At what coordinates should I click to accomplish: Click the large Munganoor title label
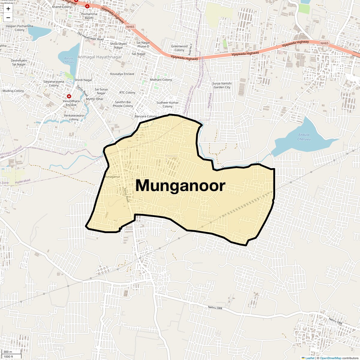(x=180, y=185)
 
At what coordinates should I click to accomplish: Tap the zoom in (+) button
(x=8, y=9)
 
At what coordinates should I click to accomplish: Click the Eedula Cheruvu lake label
(x=304, y=137)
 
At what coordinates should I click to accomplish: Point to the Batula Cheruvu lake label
(x=69, y=60)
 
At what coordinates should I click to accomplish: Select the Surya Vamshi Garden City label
(x=222, y=85)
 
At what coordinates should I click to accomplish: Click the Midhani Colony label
(x=161, y=80)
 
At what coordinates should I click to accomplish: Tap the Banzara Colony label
(x=146, y=116)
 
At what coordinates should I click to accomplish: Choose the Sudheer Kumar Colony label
(x=167, y=104)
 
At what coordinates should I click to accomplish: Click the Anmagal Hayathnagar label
(x=100, y=57)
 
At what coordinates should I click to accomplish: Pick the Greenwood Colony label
(x=179, y=48)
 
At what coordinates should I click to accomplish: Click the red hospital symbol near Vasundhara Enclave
(x=69, y=96)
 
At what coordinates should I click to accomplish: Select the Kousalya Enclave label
(x=122, y=74)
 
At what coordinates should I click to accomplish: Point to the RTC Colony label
(x=127, y=93)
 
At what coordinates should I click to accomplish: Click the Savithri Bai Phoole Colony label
(x=123, y=104)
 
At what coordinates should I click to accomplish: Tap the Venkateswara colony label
(x=74, y=117)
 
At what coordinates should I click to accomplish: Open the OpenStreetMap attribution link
(x=330, y=358)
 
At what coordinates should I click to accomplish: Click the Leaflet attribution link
(x=310, y=358)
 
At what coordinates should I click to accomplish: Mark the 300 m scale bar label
(x=8, y=352)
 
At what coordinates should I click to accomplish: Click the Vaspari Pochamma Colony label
(x=19, y=28)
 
